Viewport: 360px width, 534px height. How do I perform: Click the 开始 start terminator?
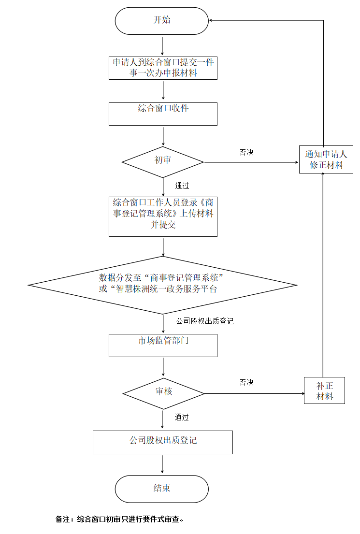162,21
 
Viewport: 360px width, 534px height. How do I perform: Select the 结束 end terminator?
162,489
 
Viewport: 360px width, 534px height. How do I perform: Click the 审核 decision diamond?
163,392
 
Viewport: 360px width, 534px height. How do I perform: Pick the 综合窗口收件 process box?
163,114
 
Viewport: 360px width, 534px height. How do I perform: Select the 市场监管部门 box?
163,345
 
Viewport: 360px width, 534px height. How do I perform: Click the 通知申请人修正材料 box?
326,159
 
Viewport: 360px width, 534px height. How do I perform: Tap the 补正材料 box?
325,390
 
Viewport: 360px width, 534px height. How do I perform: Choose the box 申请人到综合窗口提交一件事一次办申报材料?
163,68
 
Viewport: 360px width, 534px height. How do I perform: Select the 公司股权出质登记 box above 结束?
163,442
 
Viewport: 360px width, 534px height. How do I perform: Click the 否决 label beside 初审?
246,152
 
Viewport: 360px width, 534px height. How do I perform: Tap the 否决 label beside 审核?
246,383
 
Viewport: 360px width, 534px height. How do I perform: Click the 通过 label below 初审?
182,186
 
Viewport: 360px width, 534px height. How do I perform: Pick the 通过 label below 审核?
182,417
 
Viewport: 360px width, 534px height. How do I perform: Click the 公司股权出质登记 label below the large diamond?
204,321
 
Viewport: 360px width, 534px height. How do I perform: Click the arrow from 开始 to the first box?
163,45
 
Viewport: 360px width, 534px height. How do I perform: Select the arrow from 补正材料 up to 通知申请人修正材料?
322,275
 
